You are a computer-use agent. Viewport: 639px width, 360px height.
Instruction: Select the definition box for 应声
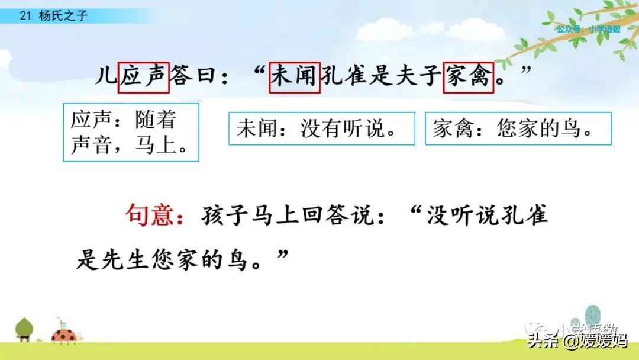tap(131, 133)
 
